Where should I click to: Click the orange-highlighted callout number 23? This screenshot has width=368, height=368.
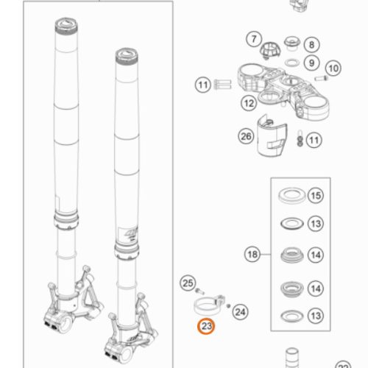coord(206,326)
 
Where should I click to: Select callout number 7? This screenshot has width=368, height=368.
coord(254,39)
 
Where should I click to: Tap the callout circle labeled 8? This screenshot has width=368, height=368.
coord(311,45)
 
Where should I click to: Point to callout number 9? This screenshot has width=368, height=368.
coord(311,63)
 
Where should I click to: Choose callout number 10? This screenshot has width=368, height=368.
coord(333,68)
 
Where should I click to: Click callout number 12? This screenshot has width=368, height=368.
coord(249,103)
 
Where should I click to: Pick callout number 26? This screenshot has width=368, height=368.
coord(246,136)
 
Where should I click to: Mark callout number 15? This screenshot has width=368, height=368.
coord(316,196)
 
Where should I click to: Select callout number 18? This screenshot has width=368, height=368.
coord(252,255)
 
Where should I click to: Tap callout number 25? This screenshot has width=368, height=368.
coord(188,283)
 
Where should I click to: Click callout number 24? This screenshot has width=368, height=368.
coord(241,312)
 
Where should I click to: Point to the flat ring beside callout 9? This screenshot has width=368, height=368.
coord(292,63)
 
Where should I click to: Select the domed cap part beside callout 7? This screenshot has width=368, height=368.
coord(270,50)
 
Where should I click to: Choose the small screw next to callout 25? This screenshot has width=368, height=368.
coord(200,291)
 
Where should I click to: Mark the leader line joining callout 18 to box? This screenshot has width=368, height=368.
coord(266,255)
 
